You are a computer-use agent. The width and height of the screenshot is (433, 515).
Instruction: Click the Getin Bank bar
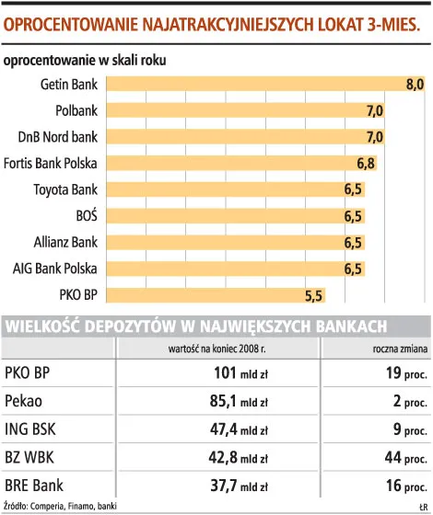pyautogui.click(x=267, y=85)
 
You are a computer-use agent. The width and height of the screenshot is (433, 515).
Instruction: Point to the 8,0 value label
pyautogui.click(x=415, y=85)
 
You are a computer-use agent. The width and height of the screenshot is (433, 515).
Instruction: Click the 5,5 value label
pyautogui.click(x=314, y=295)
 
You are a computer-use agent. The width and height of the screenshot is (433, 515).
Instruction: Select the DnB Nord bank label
pyautogui.click(x=58, y=137)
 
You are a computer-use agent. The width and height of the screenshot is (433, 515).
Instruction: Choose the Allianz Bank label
pyautogui.click(x=64, y=243)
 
